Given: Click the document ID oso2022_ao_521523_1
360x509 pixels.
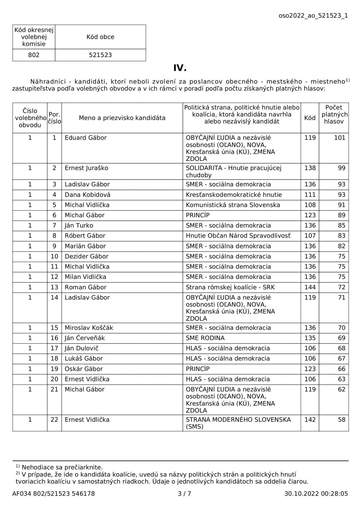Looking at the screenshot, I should pos(313,16).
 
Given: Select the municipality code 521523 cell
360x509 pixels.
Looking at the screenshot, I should pos(100,55).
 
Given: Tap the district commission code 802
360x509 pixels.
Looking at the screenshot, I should pos(34,55).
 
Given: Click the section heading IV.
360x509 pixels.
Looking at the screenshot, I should pos(180,68).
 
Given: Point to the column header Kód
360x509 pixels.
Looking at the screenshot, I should pos(310,118).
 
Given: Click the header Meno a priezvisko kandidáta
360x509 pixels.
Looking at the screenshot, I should pos(122,118).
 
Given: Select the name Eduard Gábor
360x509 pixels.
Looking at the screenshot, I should pos(86,138).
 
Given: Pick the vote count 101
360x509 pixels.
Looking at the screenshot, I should pos(340,138).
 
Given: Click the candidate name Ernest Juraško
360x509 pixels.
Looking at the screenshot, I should pos(86,168).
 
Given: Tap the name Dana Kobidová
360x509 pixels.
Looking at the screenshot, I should pos(87,195).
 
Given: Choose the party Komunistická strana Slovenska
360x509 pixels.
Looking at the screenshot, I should pos(233,205).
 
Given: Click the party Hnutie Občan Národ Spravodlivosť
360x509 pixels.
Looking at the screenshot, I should pos(238,236).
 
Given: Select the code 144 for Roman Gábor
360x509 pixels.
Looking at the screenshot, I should pos(310,287).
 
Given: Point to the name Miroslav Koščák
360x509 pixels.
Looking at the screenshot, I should pos(89,328).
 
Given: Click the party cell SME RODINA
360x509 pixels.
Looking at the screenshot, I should pos(205,338).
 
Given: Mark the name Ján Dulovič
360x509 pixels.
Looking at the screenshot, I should pos(82,348).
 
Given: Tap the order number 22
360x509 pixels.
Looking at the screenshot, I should pos(54,419).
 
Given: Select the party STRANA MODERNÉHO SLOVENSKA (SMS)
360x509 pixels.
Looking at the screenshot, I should pos(238,423).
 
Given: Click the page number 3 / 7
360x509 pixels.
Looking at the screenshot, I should pos(184,494).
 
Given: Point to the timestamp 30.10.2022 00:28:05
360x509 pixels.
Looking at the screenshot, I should pos(316,494).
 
